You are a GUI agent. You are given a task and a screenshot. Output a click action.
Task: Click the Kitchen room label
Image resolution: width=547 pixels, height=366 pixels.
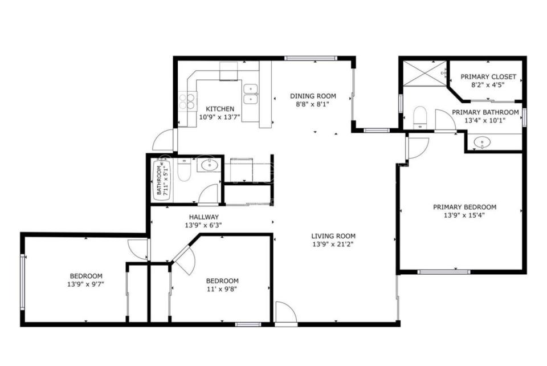click(x=220, y=109)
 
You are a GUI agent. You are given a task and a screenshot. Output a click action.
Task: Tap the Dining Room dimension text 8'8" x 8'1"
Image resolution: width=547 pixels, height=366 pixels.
click(x=310, y=104)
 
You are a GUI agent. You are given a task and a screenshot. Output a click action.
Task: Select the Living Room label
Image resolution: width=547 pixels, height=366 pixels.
click(x=333, y=236)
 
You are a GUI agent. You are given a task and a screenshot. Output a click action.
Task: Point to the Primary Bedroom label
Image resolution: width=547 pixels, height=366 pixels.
click(x=464, y=207)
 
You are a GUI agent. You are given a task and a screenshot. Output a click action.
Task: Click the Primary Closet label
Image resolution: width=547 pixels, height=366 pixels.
click(x=488, y=77)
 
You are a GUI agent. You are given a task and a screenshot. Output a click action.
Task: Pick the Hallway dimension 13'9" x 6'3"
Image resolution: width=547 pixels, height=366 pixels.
click(x=203, y=225)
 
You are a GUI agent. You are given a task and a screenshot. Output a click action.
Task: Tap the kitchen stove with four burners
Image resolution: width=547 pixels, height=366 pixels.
click(x=187, y=100)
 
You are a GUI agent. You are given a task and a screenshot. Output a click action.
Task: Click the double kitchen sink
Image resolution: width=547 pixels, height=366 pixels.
click(x=251, y=94)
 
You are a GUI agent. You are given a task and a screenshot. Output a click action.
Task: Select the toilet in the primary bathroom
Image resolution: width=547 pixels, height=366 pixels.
click(x=420, y=117)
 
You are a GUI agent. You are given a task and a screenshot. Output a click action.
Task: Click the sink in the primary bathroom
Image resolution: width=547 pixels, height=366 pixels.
click(x=482, y=142)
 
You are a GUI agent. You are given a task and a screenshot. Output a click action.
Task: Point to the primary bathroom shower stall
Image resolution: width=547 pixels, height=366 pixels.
click(x=425, y=73)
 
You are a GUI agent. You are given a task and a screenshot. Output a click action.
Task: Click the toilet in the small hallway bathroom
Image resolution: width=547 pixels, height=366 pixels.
click(x=184, y=170)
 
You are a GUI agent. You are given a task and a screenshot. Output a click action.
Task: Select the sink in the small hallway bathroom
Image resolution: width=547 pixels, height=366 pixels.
click(x=209, y=165)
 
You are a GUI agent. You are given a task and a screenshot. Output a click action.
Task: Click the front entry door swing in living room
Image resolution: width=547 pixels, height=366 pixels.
click(x=286, y=312)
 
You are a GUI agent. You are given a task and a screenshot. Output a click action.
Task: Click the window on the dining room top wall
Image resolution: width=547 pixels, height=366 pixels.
click(x=310, y=58)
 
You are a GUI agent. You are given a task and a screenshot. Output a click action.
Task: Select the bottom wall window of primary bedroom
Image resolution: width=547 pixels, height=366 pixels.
click(x=444, y=272)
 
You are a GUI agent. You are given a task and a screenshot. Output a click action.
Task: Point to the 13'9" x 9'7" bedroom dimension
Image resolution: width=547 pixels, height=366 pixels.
click(x=86, y=284)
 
